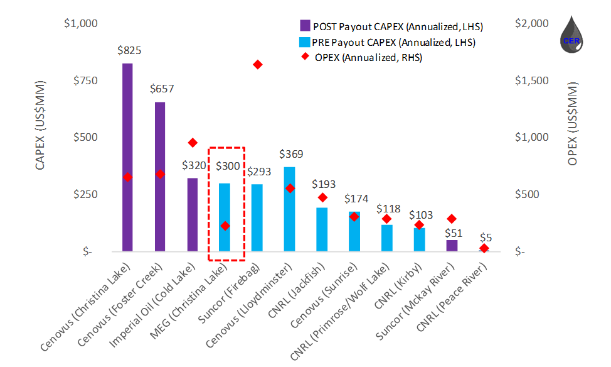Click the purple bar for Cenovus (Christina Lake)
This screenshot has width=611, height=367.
(127, 157)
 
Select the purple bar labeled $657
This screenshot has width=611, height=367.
(160, 177)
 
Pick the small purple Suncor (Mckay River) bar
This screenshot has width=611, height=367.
(452, 246)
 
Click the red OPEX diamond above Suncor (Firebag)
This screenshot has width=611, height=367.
(257, 65)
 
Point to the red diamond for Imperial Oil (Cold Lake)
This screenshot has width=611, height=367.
(193, 143)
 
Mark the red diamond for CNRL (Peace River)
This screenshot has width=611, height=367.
(484, 248)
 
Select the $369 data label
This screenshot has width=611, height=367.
(291, 155)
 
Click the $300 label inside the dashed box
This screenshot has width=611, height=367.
(227, 167)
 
